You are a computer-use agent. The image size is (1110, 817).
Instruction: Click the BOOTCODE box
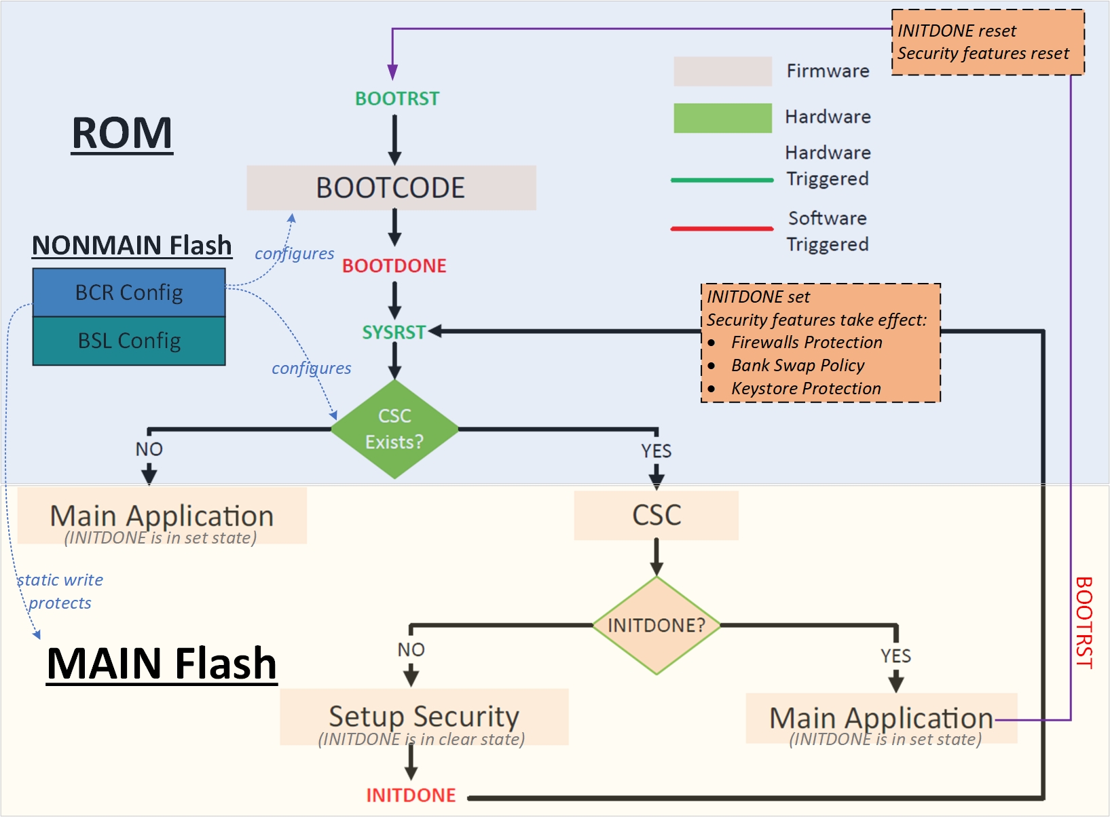point(391,187)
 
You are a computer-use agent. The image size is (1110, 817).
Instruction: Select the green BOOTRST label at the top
point(397,98)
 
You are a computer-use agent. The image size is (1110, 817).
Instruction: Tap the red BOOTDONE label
point(394,265)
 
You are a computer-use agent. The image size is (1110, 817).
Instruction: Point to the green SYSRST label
point(393,332)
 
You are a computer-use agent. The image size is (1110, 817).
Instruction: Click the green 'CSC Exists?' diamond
point(394,429)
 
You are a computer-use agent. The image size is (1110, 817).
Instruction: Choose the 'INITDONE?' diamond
point(656,625)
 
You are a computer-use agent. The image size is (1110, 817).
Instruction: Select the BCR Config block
point(129,292)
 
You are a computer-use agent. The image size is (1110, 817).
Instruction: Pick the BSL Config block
point(129,341)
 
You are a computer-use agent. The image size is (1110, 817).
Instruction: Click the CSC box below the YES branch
point(656,515)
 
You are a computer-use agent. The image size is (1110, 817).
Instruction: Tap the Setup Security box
point(424,717)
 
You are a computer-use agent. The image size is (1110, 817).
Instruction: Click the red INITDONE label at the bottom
point(411,795)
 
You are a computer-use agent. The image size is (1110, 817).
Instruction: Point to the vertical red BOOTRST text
point(1084,622)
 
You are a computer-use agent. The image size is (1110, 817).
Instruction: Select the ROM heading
point(122,133)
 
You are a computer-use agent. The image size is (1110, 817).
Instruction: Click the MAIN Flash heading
point(162,663)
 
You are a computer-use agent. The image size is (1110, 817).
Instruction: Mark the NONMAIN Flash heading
point(132,245)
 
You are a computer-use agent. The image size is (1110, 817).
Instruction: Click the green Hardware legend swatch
point(722,117)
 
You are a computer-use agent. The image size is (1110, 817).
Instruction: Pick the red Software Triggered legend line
point(722,229)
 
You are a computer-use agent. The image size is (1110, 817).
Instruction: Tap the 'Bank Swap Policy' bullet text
point(798,365)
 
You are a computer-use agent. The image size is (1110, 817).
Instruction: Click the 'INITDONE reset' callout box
point(987,42)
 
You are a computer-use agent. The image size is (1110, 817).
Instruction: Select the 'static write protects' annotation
point(60,591)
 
